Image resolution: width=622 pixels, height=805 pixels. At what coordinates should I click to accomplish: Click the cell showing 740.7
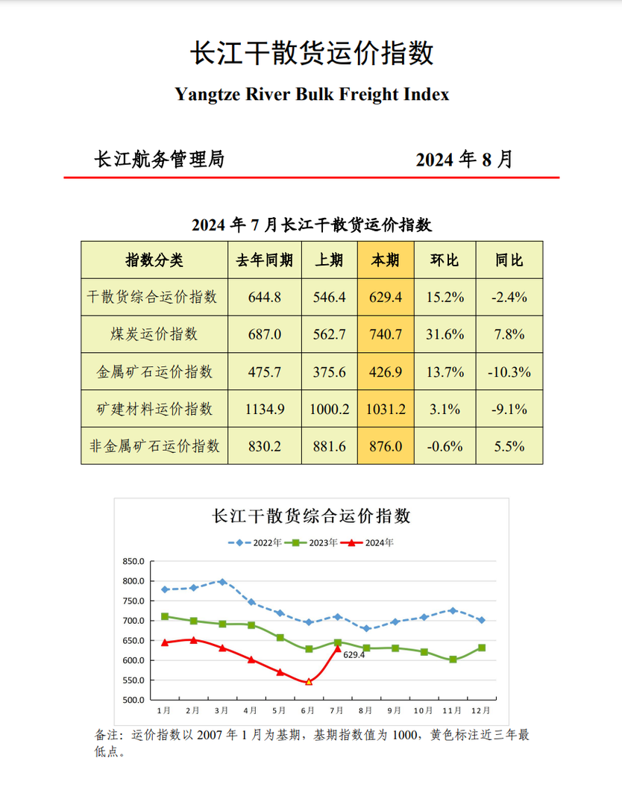pos(386,334)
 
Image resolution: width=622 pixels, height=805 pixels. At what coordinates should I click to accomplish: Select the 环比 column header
pos(444,260)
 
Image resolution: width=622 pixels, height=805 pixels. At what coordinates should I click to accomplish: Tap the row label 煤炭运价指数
pos(154,334)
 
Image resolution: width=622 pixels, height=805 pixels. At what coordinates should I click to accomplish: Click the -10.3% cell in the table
pos(510,372)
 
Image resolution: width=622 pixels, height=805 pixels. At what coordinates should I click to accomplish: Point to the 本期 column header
pos(386,260)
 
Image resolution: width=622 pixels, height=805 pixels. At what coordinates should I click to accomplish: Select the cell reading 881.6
pos(328,446)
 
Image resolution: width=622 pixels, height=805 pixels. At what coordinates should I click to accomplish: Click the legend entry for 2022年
pos(257,542)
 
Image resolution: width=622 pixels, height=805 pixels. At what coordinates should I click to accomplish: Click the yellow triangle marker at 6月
pos(309,681)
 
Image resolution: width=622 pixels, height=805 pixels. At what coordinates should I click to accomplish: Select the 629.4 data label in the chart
pos(354,654)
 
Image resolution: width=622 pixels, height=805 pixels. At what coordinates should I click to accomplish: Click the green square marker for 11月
pos(453,660)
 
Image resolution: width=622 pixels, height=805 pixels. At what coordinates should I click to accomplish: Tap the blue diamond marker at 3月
pos(222,581)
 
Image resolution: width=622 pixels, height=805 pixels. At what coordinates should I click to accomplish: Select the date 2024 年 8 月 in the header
pos(464,160)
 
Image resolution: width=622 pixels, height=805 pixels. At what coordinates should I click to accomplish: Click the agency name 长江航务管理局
pos(159,159)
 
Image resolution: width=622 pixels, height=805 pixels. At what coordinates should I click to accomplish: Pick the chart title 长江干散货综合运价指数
pos(312,516)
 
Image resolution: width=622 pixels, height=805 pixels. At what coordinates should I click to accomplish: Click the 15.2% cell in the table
pos(444,297)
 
